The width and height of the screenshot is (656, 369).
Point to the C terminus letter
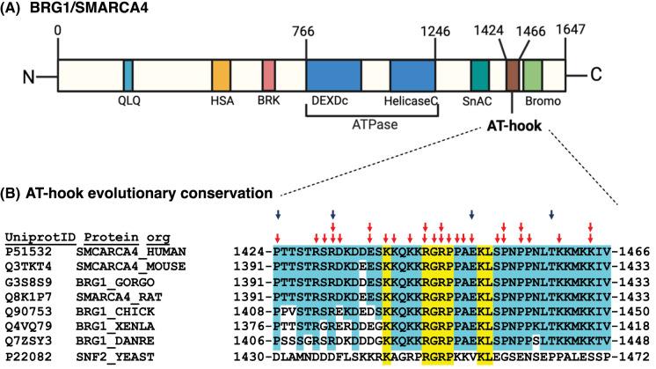(x=595, y=72)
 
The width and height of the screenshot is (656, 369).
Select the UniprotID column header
(x=36, y=237)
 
